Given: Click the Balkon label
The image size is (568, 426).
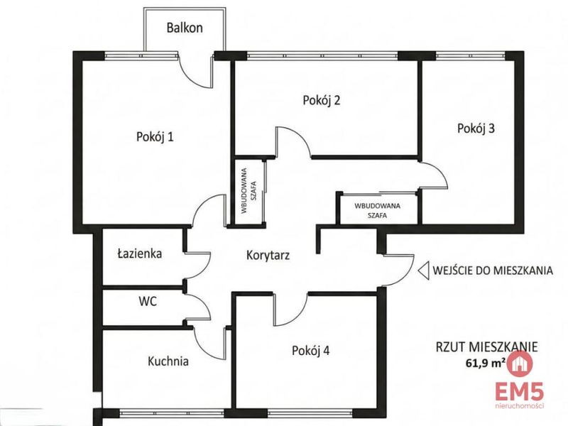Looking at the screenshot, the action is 185,28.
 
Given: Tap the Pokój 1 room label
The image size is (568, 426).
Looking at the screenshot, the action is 155,137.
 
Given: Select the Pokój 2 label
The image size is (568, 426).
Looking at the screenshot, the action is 322,100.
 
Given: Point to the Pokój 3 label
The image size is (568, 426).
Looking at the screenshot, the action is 476,129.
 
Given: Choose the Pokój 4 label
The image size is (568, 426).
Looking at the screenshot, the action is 311,351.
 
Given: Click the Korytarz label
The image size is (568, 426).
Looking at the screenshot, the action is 268,255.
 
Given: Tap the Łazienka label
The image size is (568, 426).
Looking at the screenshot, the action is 140,253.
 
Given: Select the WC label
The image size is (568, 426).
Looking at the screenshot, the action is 148,301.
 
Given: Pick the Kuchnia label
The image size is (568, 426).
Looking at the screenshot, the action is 168,361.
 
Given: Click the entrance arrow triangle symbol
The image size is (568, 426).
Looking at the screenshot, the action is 423,271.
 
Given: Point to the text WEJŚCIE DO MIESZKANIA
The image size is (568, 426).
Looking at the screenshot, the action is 493,271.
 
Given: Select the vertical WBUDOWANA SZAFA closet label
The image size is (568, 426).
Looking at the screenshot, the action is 248,190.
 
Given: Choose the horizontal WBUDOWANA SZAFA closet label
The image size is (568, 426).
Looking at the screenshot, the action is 378,210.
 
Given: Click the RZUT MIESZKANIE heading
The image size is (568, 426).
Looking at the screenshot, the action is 486,347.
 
